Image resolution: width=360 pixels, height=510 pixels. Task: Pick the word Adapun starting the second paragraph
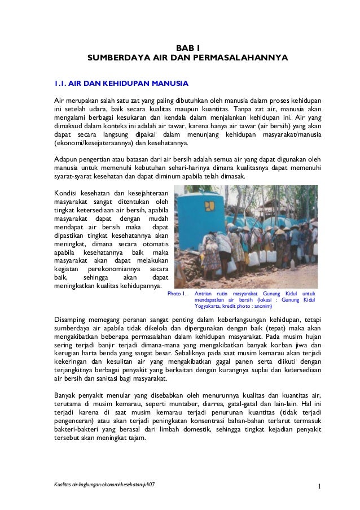pyautogui.click(x=67, y=159)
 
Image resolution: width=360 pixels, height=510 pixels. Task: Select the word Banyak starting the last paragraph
pyautogui.click(x=67, y=395)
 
